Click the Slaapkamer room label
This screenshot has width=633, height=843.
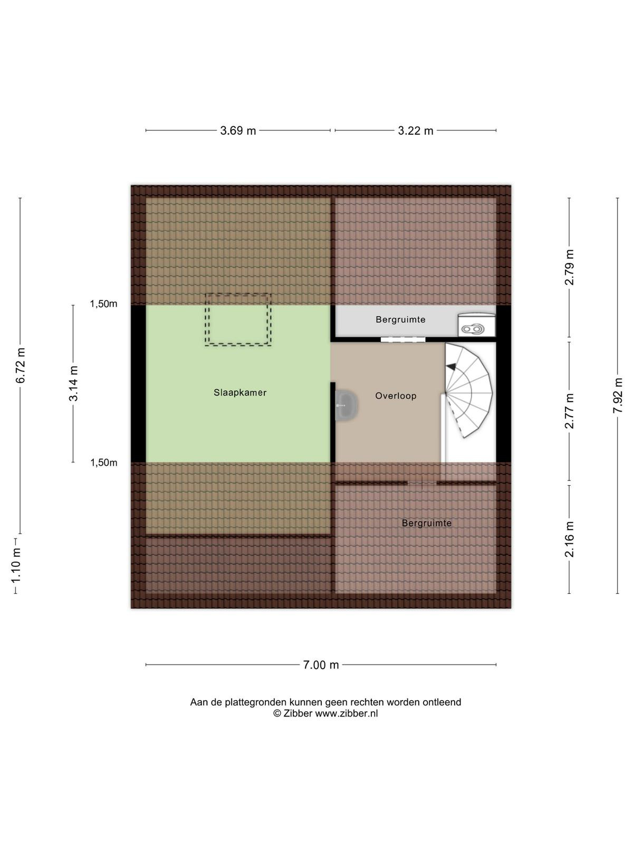240,393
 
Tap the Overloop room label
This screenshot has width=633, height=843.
396,396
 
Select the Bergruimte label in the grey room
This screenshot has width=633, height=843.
400,319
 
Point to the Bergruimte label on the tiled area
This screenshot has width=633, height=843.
427,523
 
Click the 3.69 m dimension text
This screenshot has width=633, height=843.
238,131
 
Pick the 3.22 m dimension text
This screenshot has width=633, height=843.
416,131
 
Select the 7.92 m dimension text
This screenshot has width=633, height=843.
618,396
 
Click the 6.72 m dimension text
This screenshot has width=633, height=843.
21,366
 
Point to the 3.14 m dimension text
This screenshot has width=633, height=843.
73,383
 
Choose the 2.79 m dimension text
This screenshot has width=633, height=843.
569,267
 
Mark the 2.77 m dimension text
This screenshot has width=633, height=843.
569,411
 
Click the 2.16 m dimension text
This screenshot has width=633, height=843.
569,539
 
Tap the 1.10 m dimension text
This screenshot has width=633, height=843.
16,565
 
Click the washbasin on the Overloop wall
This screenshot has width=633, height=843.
346,405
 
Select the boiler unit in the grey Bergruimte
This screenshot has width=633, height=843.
476,325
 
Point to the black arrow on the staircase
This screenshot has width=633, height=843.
451,367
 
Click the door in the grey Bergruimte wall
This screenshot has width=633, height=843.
403,339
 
